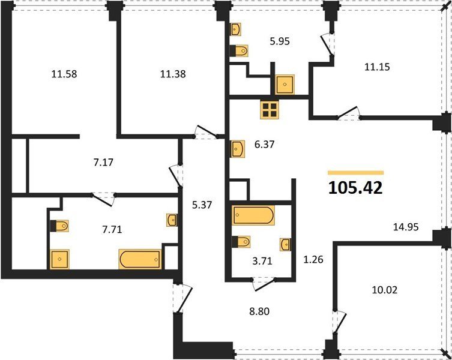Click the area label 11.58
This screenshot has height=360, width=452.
click(64, 74)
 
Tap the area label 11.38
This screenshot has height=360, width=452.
click(173, 74)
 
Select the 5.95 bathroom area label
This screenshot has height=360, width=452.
click(280, 41)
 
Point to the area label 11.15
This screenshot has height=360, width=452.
click(377, 67)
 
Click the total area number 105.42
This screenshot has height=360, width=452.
click(355, 188)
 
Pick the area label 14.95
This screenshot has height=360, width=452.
click(406, 227)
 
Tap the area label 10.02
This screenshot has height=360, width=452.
click(385, 290)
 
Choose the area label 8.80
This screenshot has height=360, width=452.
click(259, 311)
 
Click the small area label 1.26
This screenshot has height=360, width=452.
click(313, 259)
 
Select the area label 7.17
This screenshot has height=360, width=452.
click(103, 162)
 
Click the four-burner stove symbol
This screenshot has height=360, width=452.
click(270, 110)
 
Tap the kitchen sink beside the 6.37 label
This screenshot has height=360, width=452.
click(238, 149)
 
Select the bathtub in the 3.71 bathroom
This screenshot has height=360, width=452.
click(253, 215)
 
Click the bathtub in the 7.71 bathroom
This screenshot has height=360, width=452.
click(140, 259)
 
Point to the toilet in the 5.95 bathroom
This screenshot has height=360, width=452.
click(240, 51)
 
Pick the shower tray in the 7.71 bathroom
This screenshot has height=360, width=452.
click(59, 259)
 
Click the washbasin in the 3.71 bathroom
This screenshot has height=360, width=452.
click(285, 244)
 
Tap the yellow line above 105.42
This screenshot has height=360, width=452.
click(356, 173)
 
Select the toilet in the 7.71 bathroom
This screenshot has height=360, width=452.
click(59, 226)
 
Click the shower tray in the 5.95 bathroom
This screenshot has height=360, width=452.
click(285, 85)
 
